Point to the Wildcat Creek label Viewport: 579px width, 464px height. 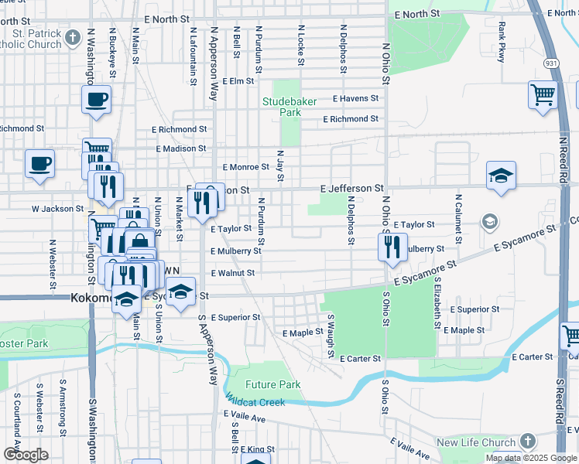click(x=255, y=402)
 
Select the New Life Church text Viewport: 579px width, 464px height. click(x=476, y=442)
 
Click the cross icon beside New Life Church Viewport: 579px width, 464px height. click(x=527, y=442)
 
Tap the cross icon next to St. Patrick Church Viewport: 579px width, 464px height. click(x=73, y=37)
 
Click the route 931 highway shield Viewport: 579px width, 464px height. click(x=547, y=62)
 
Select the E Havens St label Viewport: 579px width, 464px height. click(x=355, y=99)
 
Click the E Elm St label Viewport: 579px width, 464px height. click(x=238, y=80)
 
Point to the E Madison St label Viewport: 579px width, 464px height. click(x=181, y=148)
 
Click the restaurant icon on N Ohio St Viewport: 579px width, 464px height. click(x=392, y=247)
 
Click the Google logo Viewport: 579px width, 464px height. click(x=26, y=454)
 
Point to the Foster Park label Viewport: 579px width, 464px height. click(x=23, y=343)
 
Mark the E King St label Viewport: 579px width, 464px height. click(x=258, y=449)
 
